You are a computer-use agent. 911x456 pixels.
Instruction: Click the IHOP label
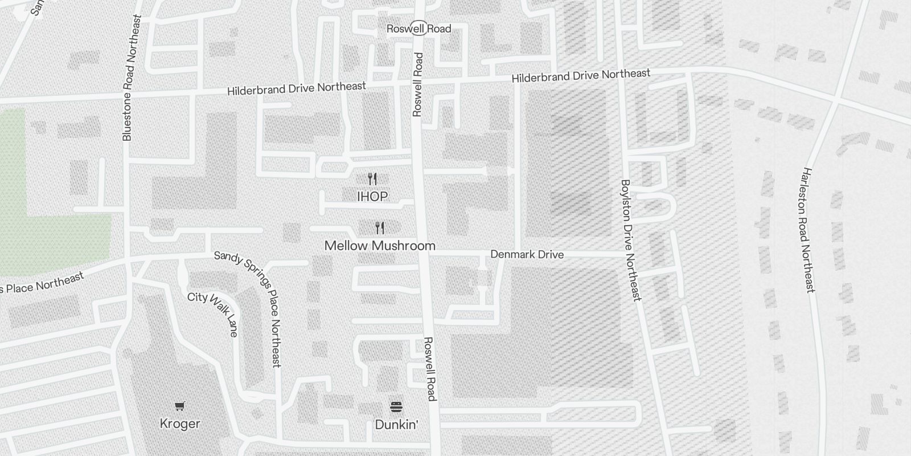pyautogui.click(x=372, y=197)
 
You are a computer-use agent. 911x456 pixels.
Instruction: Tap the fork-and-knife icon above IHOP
pyautogui.click(x=372, y=179)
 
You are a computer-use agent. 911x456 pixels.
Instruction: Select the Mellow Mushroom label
pyautogui.click(x=380, y=246)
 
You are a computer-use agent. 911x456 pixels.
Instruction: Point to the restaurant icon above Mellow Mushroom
pyautogui.click(x=380, y=229)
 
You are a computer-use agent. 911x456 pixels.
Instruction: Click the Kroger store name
pyautogui.click(x=180, y=424)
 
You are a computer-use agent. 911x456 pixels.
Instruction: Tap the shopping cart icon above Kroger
pyautogui.click(x=180, y=406)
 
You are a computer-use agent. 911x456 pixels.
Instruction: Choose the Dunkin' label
pyautogui.click(x=396, y=425)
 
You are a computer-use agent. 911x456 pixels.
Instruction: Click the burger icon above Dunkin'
pyautogui.click(x=396, y=406)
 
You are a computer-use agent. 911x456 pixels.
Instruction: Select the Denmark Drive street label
pyautogui.click(x=527, y=254)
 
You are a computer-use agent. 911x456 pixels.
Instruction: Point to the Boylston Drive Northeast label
pyautogui.click(x=631, y=241)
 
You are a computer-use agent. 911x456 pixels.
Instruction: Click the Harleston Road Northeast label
pyautogui.click(x=809, y=230)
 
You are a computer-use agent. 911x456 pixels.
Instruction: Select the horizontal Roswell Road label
pyautogui.click(x=418, y=28)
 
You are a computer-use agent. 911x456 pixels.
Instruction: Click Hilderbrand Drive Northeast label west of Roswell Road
pyautogui.click(x=296, y=89)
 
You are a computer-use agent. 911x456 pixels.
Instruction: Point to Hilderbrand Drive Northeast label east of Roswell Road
pyautogui.click(x=581, y=76)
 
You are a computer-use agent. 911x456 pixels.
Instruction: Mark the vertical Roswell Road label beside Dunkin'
pyautogui.click(x=430, y=369)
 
